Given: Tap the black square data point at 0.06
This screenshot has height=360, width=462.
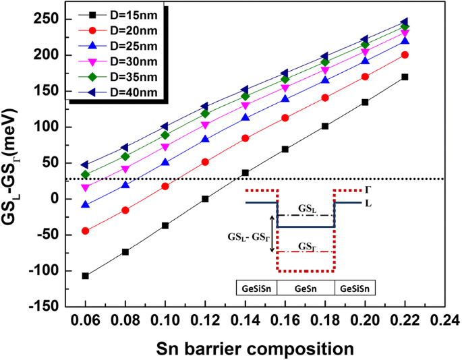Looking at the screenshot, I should (86, 276).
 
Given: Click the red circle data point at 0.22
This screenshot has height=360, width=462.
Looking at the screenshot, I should (405, 55).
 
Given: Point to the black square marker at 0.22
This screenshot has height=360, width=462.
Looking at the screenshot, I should (405, 77).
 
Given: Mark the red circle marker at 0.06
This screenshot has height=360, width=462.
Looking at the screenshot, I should (86, 231).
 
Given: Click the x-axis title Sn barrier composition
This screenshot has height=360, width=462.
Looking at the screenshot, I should (254, 348).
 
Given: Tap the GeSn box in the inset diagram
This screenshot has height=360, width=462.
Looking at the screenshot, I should (306, 287).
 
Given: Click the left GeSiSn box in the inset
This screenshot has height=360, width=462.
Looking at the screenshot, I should (256, 287).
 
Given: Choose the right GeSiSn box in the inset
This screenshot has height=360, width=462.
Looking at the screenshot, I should (355, 287).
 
